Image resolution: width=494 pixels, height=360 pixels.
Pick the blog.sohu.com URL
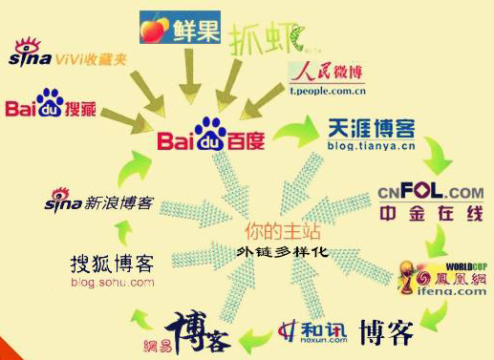(x=112, y=283)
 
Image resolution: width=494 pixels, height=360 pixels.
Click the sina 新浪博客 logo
(x=100, y=202)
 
